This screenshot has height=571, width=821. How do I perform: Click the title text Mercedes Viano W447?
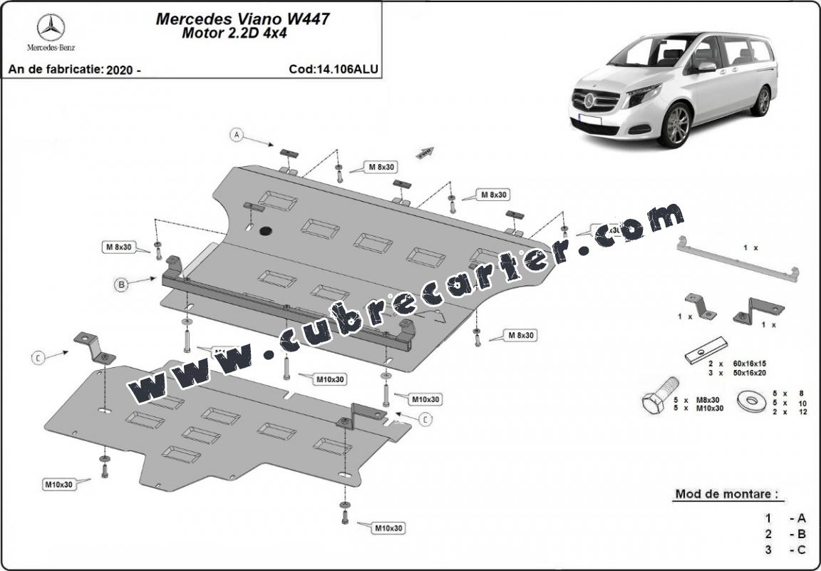pos(242,19)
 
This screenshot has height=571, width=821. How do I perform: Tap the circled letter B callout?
pos(121,284)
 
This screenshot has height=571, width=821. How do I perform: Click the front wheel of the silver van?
pos(675,126)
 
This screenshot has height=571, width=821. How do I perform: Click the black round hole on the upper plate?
pos(267,231)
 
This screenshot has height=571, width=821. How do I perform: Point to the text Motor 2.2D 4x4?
pos(243,34)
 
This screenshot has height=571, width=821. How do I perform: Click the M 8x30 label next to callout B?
pos(119,247)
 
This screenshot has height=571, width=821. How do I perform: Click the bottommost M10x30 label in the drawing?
pos(389,528)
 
